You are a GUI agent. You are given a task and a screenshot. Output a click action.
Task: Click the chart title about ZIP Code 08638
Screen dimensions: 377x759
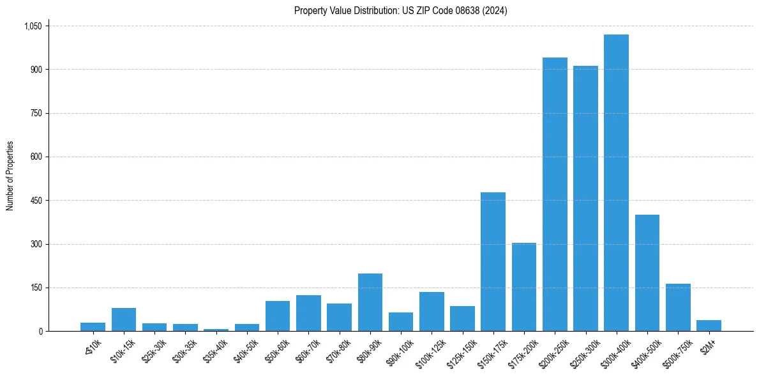coord(400,10)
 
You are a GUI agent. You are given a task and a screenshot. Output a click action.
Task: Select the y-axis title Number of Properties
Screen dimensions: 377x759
coord(10,176)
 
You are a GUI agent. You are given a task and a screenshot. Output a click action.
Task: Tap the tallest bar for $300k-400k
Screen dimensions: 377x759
coord(616,183)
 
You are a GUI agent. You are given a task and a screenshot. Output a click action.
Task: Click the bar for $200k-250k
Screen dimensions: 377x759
coord(555,194)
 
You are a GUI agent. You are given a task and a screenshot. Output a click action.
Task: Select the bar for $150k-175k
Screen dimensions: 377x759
coord(493,261)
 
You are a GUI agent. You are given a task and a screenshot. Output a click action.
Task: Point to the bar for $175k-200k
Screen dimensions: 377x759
coord(523,287)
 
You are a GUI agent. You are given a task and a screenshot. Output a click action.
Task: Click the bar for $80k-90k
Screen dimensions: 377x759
coord(370,302)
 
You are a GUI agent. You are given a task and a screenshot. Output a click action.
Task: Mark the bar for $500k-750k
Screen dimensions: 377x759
coord(678,307)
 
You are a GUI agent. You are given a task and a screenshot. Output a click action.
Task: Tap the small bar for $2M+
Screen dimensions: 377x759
coord(709,325)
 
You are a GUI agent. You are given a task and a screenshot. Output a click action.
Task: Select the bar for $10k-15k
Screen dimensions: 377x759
coord(124,319)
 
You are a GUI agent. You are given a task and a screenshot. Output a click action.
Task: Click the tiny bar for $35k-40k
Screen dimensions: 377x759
coord(216,330)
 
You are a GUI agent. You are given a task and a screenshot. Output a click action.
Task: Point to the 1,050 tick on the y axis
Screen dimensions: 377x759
coord(33,26)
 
